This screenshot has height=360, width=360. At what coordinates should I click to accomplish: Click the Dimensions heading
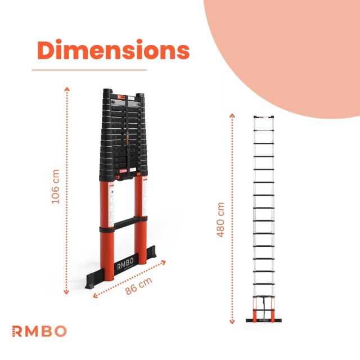click(x=113, y=51)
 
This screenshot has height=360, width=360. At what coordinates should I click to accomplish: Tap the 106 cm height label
click(x=56, y=188)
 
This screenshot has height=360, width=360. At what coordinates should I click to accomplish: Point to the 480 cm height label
click(x=220, y=219)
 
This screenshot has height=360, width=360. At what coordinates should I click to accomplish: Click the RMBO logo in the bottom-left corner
click(x=39, y=331)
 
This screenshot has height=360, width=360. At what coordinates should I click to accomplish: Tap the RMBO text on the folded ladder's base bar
click(x=124, y=266)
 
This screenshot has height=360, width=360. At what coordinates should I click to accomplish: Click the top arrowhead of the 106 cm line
click(x=67, y=88)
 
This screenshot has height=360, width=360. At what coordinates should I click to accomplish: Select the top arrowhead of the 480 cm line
click(x=232, y=115)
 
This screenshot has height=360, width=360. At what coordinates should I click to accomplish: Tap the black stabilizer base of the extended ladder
click(x=263, y=321)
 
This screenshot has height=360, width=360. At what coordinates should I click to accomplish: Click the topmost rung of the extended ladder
click(x=263, y=117)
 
